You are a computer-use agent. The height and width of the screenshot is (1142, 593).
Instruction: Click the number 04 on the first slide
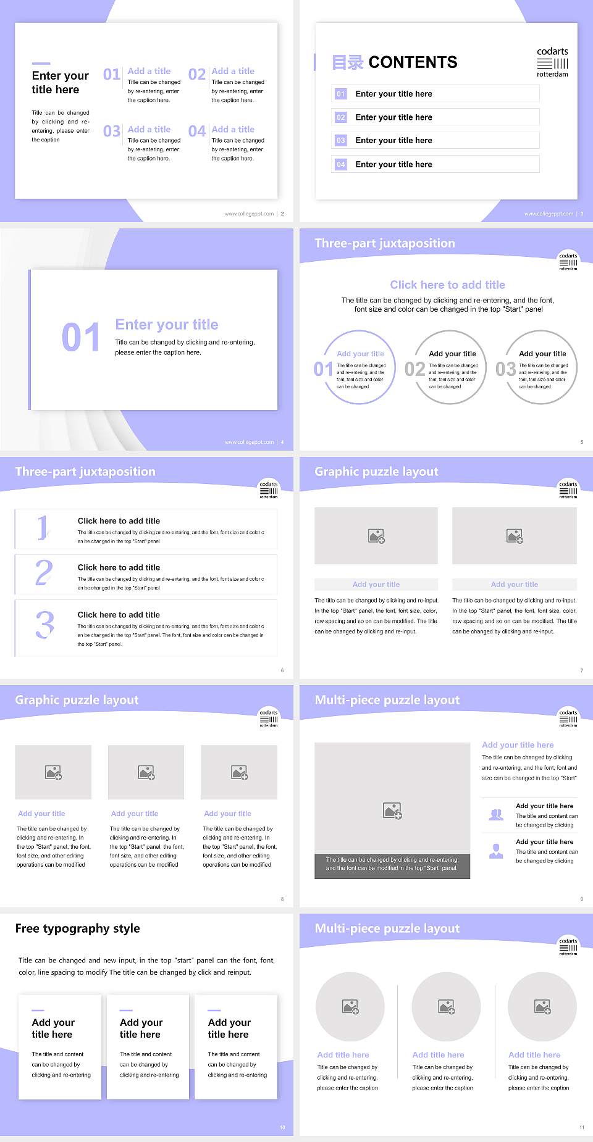click(x=196, y=131)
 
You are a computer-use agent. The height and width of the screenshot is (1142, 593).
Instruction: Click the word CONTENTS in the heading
click(x=413, y=62)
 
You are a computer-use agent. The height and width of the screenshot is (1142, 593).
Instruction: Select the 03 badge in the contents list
click(x=341, y=141)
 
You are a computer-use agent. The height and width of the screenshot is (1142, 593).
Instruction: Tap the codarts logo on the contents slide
click(x=552, y=62)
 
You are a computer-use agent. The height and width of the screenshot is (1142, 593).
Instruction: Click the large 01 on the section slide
click(x=80, y=338)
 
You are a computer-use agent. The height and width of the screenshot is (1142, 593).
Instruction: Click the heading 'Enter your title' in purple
click(x=167, y=325)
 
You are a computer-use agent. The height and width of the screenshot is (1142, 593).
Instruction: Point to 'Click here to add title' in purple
click(x=447, y=285)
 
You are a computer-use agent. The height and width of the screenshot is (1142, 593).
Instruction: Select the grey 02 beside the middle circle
click(x=414, y=369)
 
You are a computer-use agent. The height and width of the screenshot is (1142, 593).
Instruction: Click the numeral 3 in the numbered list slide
click(x=44, y=625)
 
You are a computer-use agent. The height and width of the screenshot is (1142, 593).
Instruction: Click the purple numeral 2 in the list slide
click(x=44, y=573)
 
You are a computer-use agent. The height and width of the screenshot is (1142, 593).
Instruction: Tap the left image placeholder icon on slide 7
click(x=376, y=536)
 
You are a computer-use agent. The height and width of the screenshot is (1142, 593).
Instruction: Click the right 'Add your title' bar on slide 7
click(x=514, y=585)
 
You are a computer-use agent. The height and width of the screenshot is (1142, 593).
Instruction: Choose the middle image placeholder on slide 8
click(x=146, y=772)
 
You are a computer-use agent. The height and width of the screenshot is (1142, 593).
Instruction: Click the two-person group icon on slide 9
click(x=496, y=815)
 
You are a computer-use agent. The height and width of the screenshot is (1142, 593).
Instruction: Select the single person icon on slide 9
click(x=496, y=851)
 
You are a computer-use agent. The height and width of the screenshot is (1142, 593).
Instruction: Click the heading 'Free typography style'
click(x=77, y=928)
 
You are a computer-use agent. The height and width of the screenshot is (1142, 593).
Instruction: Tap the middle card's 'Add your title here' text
click(x=140, y=1028)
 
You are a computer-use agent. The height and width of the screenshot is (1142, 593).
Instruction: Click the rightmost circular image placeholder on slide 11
click(x=542, y=1007)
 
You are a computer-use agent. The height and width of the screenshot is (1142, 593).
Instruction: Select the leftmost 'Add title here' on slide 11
click(x=343, y=1055)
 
